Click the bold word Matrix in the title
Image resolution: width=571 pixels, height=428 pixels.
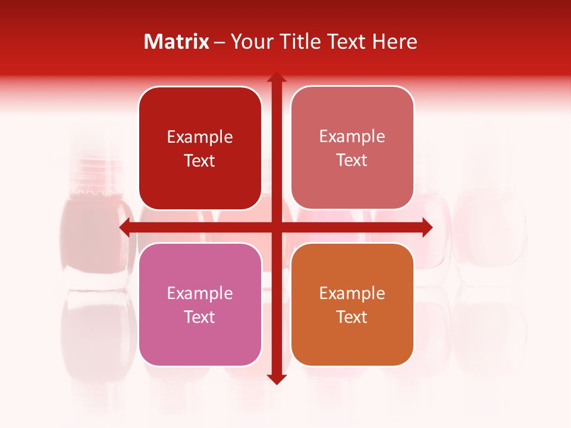[177, 42]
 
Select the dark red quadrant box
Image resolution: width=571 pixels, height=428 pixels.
[200, 149]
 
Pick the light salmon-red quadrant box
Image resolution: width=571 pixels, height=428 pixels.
[352, 148]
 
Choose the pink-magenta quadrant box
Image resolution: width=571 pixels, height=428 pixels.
[200, 304]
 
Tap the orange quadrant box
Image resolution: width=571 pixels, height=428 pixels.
[352, 304]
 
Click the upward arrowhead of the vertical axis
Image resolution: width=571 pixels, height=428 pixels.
[276, 78]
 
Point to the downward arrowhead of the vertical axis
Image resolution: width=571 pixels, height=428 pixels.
[276, 378]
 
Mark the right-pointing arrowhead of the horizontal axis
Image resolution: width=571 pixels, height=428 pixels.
[426, 227]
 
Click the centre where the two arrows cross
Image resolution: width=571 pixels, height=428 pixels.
[276, 227]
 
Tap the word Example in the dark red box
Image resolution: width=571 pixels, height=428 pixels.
[200, 137]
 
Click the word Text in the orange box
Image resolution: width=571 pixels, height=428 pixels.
[352, 317]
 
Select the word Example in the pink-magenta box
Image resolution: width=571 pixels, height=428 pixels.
[200, 293]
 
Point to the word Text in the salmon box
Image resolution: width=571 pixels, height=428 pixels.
[352, 160]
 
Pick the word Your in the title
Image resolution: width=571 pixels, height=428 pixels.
[249, 42]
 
